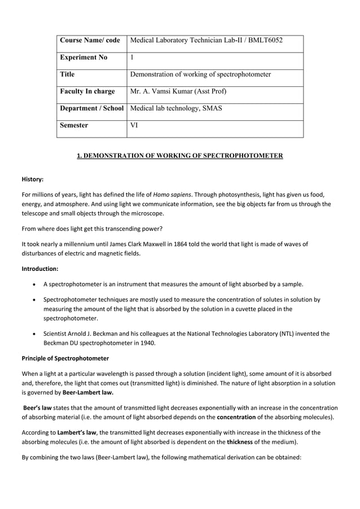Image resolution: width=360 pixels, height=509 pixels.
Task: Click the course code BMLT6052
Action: pos(264,41)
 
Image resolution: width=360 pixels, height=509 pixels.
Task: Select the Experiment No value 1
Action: pos(132,58)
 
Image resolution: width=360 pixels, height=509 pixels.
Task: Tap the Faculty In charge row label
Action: pos(87,91)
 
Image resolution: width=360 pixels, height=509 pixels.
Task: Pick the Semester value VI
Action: pos(134,125)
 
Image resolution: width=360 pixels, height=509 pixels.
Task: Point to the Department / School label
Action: pos(91,108)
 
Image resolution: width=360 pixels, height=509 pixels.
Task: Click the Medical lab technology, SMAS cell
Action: pos(176,108)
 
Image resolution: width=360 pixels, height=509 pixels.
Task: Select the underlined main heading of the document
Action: pos(180,156)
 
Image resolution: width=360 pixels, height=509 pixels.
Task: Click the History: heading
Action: pos(33,179)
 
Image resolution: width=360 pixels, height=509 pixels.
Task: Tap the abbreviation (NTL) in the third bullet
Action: pos(287,334)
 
